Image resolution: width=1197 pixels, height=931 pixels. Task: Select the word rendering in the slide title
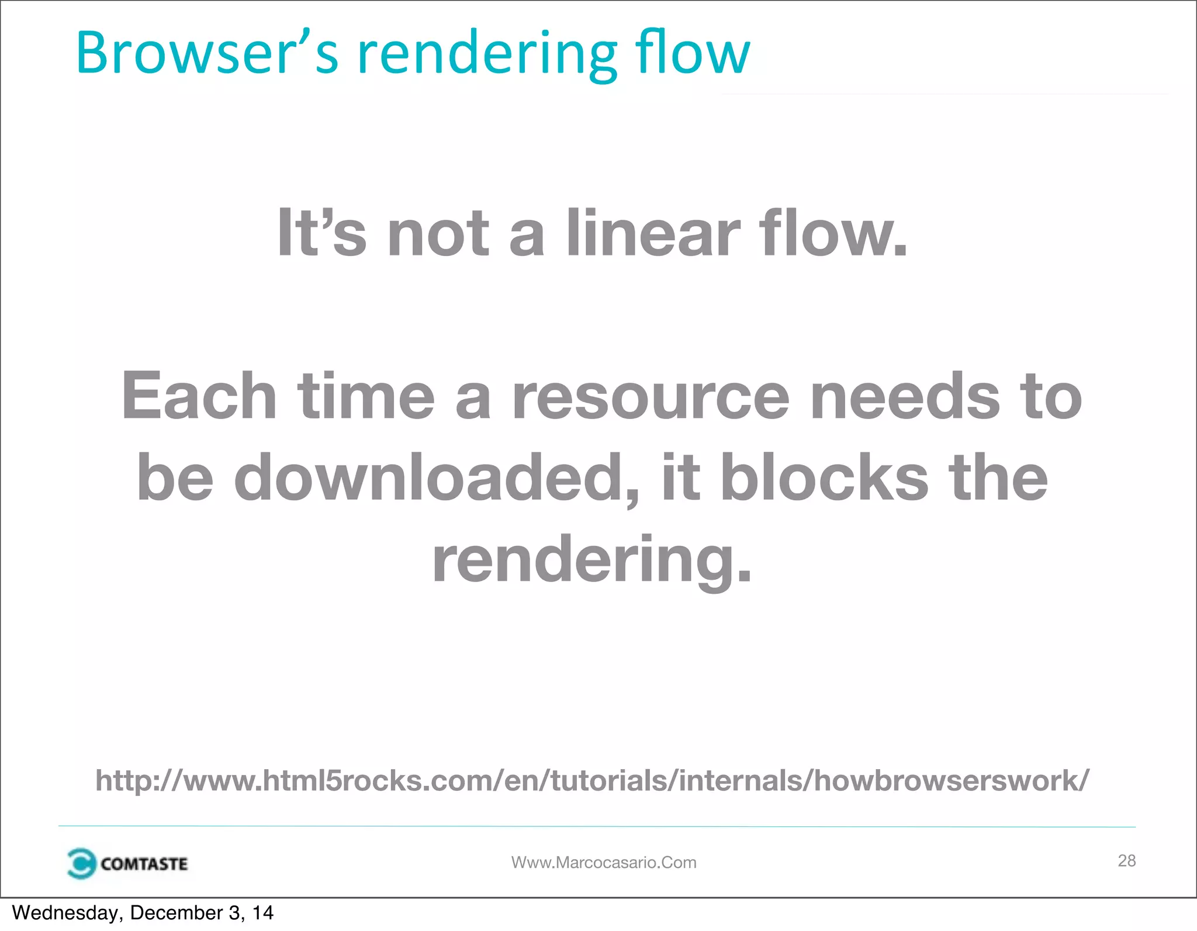click(x=487, y=56)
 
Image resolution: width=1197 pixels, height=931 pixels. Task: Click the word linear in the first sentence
click(x=653, y=234)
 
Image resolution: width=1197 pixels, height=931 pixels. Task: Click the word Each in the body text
click(x=199, y=397)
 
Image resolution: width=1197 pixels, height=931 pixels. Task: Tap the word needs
click(x=905, y=397)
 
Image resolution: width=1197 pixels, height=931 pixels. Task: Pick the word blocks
click(x=824, y=477)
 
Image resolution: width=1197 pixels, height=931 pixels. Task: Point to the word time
click(x=366, y=397)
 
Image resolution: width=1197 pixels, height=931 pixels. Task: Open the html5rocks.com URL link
click(x=592, y=780)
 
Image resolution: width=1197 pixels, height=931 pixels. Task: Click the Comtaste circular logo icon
click(x=80, y=863)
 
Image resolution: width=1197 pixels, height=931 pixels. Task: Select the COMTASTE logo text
click(x=144, y=864)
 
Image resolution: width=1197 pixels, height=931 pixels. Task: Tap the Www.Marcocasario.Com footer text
click(x=604, y=863)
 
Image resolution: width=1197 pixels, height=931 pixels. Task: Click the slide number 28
click(x=1126, y=860)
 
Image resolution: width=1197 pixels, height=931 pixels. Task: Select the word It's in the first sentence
click(x=321, y=234)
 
